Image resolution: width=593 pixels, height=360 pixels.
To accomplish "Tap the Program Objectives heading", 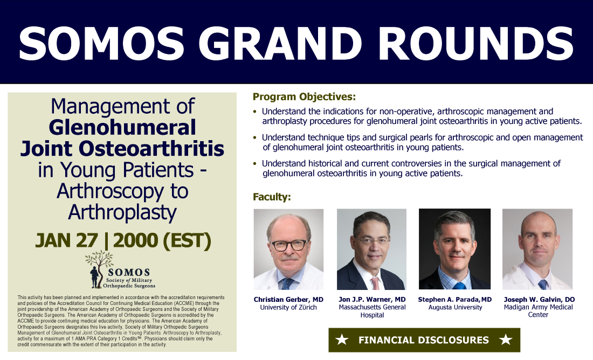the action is pos(304,97).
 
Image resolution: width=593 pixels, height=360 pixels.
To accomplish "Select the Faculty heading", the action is pos(272,197).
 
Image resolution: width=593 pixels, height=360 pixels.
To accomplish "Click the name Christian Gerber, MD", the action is pos(288,300).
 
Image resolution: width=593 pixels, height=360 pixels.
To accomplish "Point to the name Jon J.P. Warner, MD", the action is pos(372,300).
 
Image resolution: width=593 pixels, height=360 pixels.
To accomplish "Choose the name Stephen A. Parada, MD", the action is pos(455,300).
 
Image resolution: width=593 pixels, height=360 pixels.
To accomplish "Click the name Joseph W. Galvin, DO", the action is pos(539,300).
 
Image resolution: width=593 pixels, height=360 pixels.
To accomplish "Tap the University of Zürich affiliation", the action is pos(288,307).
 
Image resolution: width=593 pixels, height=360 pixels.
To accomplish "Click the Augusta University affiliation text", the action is pos(456,307).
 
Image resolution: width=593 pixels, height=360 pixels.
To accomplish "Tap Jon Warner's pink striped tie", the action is pos(375,283).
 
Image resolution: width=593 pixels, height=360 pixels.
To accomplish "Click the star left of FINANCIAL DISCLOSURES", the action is pos(342,340).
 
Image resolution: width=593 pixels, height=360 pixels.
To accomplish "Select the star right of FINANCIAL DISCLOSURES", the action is pos(506,340).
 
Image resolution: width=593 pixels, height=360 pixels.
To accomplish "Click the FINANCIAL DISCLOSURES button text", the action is pos(424,340).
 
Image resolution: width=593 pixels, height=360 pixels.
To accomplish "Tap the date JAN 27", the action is pos(66,240).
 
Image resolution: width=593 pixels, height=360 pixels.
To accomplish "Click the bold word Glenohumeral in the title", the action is pos(122,127).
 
